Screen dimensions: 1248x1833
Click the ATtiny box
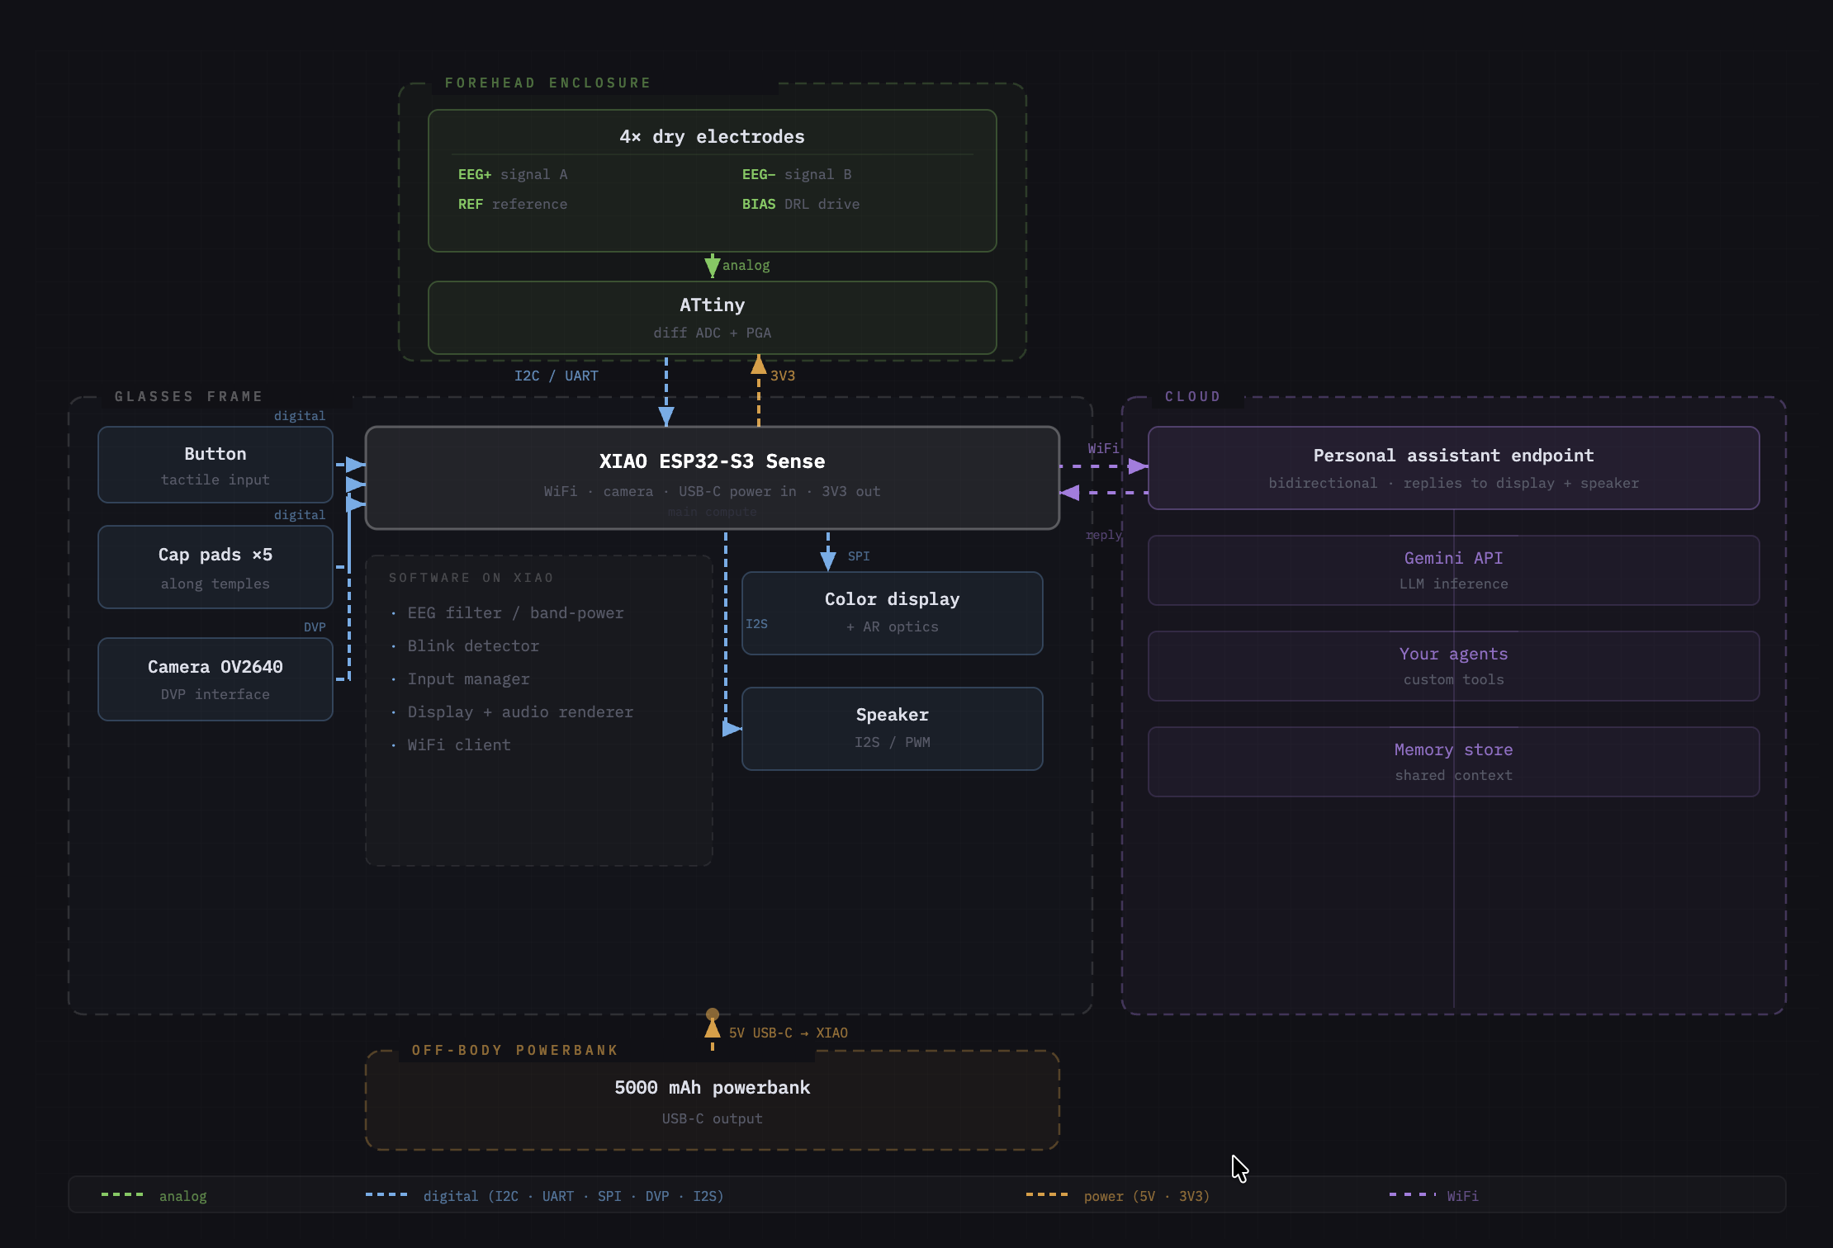712,318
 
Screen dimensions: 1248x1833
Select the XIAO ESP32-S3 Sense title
712,461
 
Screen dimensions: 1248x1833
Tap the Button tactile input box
215,465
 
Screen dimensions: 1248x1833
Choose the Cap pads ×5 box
215,567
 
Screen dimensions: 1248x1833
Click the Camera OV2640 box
215,679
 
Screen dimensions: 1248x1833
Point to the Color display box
892,613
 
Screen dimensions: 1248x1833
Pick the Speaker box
892,729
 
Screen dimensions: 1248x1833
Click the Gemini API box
1453,570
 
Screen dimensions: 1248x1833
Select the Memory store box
1453,762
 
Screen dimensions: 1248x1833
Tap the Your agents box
1453,666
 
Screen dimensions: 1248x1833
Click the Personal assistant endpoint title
1453,456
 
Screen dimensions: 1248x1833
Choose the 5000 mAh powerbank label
712,1088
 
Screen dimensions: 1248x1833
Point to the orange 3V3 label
783,376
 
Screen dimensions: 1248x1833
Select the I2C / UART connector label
556,376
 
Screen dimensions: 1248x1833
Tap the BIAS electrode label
758,204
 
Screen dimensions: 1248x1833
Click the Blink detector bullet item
472,646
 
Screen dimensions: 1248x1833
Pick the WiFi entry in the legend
1461,1196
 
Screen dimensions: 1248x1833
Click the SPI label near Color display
858,556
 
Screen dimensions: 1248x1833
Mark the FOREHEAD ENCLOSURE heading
547,83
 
